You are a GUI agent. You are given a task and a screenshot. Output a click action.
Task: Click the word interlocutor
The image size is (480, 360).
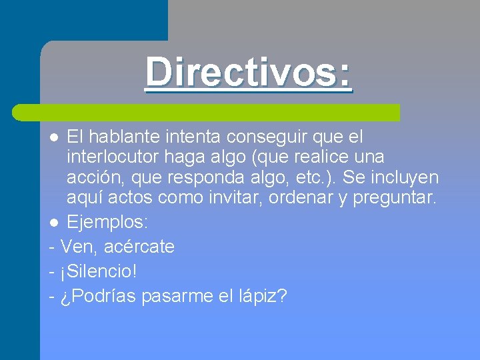pos(110,157)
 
